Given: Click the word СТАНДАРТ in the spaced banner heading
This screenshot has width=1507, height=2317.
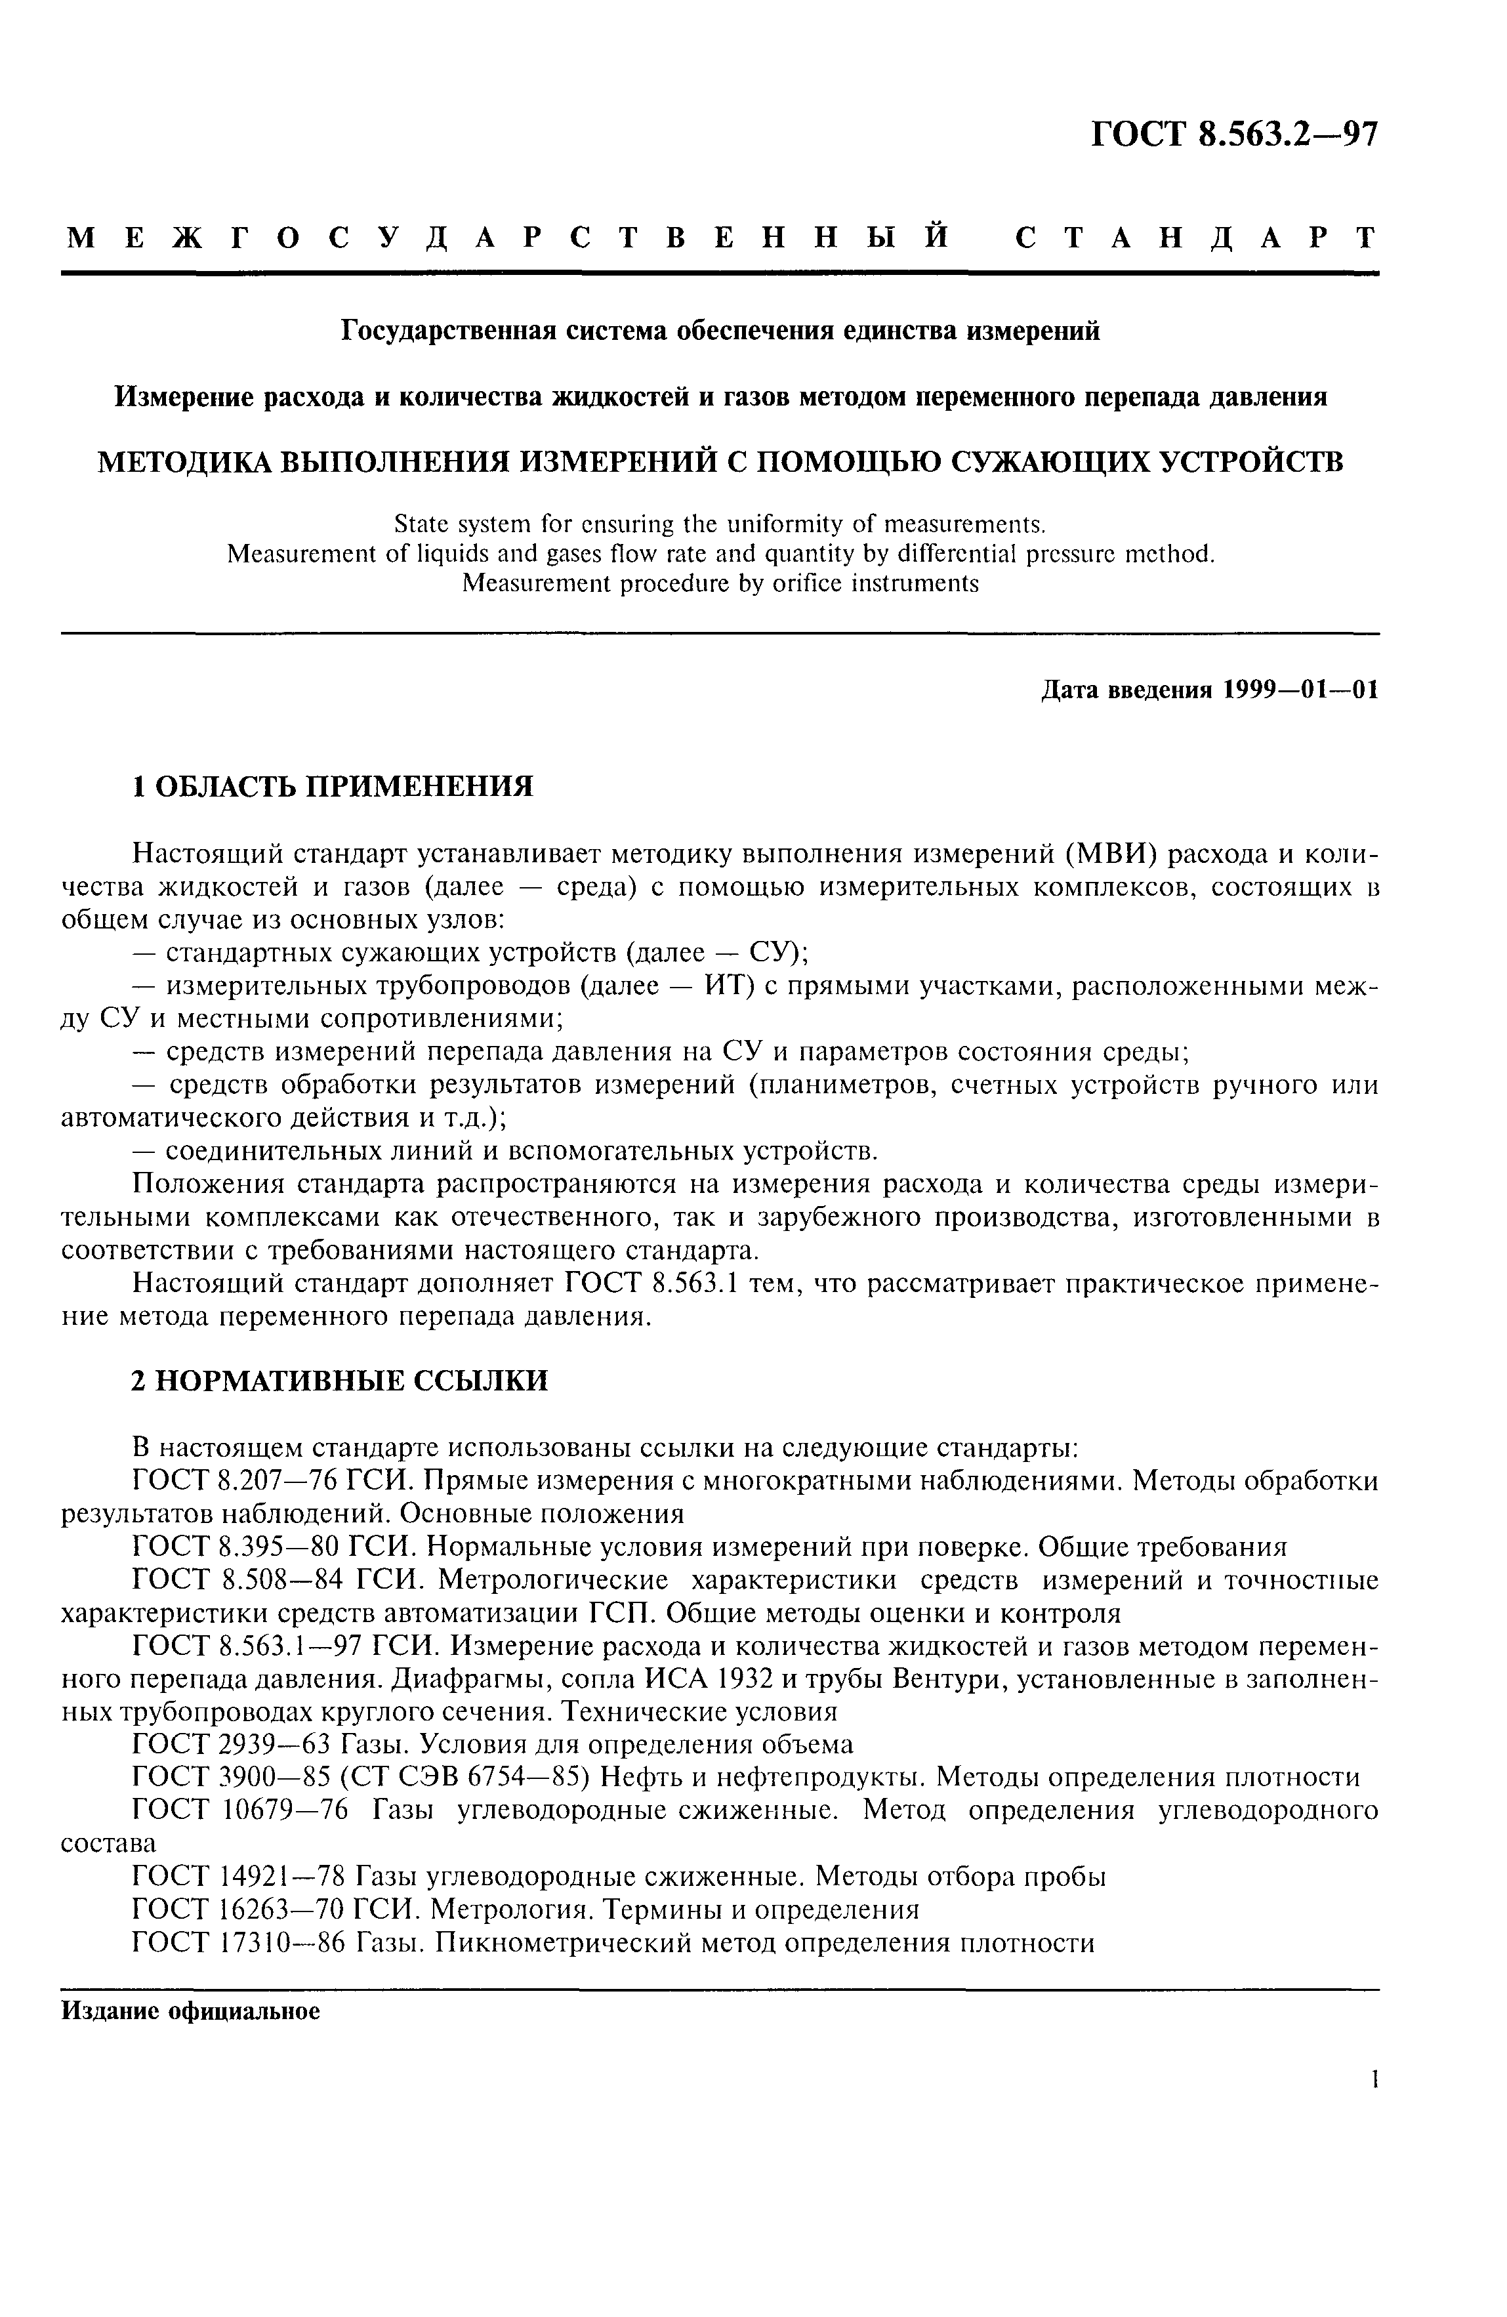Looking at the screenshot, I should [x=1197, y=238].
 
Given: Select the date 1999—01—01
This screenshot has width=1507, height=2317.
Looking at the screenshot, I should [x=1302, y=690].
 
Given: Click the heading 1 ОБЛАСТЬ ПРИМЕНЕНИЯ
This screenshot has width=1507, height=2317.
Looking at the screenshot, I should [x=332, y=785].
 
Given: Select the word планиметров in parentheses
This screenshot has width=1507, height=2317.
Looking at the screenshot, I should [x=845, y=1085].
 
